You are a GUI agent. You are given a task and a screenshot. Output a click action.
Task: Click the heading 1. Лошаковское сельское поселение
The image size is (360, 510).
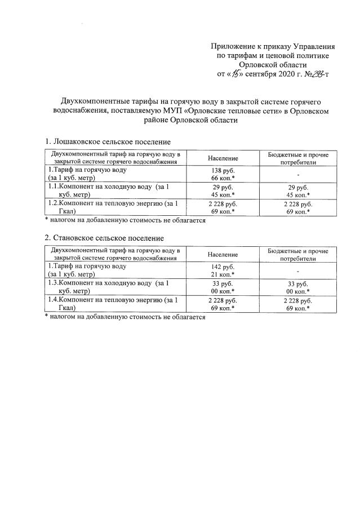107,141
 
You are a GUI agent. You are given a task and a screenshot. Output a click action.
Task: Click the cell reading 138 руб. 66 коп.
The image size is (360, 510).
223,174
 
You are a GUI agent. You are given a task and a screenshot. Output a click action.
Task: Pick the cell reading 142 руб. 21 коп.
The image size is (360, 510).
223,270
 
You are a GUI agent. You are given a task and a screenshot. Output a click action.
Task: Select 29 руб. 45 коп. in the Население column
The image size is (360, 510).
223,190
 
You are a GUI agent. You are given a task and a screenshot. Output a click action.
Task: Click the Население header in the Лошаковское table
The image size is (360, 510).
223,158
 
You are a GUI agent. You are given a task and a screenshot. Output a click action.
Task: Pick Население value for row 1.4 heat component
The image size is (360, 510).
223,304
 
